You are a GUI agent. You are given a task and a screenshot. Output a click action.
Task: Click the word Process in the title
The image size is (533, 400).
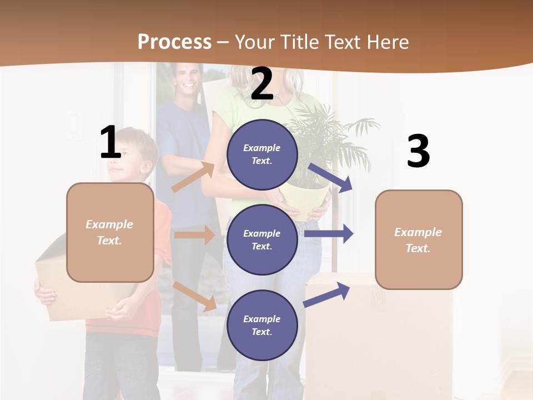174,42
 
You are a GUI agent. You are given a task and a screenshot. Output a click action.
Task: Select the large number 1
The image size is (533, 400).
110,143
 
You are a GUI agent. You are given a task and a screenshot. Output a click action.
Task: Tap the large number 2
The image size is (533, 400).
262,84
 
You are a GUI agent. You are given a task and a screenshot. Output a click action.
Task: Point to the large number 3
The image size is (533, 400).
418,152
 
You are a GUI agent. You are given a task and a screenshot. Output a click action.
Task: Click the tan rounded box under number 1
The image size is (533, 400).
110,232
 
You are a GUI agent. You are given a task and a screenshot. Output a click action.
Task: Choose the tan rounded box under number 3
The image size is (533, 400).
419,240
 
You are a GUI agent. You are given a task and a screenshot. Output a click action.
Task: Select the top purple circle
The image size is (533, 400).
262,154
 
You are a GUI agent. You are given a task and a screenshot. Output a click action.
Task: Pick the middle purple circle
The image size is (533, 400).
262,239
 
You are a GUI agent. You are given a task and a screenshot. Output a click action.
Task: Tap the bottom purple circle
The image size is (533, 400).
262,325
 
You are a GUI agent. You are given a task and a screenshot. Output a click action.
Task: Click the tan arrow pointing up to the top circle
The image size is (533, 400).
193,177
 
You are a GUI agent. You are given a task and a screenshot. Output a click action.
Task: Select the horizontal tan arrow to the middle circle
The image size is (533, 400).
194,235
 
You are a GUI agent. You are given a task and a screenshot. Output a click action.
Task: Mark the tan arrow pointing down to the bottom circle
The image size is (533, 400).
194,296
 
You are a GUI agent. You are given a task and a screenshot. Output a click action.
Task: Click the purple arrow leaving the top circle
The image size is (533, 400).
330,177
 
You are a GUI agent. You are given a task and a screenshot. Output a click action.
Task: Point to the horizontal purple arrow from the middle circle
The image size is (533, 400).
329,233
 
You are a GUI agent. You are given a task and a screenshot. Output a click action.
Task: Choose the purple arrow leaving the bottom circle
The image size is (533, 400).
326,294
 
